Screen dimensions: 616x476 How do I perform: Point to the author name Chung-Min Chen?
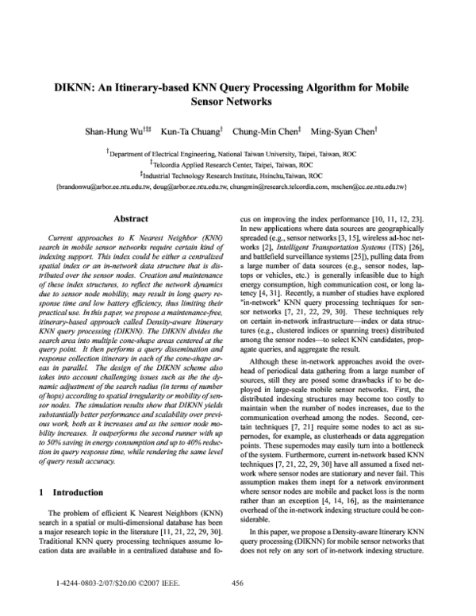pos(267,130)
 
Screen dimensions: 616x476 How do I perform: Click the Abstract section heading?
pos(132,218)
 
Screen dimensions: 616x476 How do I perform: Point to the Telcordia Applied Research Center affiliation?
pos(238,164)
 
